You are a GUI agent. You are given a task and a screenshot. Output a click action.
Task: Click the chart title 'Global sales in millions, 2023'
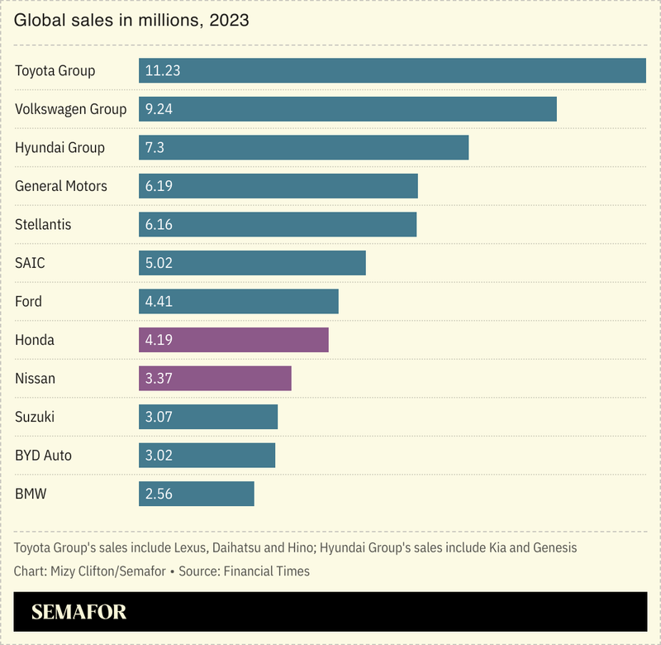click(131, 19)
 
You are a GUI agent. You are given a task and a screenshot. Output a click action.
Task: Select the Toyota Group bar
click(392, 70)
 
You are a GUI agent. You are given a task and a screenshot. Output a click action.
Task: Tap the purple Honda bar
click(233, 340)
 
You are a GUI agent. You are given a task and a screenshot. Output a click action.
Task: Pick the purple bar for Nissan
click(215, 379)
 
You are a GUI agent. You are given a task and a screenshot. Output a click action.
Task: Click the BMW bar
click(196, 494)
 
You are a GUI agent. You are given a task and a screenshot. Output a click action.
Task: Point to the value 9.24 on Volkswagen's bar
click(159, 109)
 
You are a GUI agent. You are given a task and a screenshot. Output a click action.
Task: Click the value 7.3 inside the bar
click(155, 148)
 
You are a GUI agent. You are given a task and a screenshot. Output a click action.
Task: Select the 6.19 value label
click(159, 186)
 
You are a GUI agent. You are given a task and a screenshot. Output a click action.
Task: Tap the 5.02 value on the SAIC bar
click(159, 263)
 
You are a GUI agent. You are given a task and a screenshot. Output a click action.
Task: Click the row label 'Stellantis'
click(43, 225)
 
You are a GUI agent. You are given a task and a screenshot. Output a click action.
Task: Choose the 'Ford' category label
click(28, 302)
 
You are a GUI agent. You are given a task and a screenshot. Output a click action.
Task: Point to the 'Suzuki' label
click(35, 417)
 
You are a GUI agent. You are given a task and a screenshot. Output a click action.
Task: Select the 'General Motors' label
click(61, 186)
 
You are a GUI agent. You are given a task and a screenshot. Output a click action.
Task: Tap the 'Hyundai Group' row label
click(59, 148)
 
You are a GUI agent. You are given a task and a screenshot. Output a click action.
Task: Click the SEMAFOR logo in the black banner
click(79, 613)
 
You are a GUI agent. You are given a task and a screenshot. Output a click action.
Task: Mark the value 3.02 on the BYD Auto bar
click(159, 456)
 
